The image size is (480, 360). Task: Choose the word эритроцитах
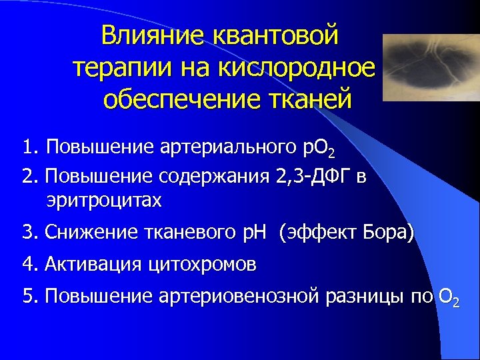(x=104, y=199)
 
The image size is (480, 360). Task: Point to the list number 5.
(x=28, y=297)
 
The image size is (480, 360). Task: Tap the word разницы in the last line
(x=364, y=297)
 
